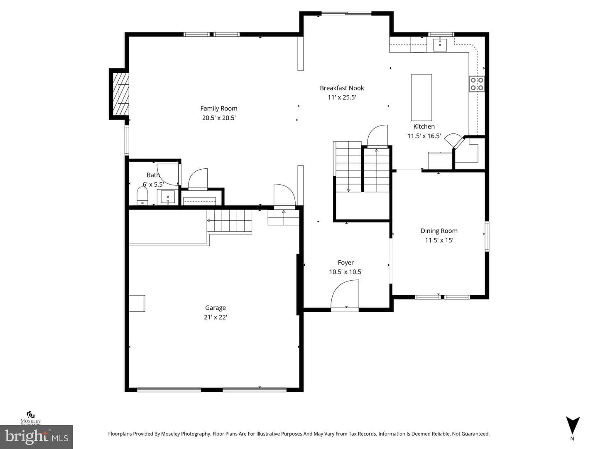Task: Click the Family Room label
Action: [x=219, y=109]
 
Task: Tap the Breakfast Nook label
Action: [x=342, y=88]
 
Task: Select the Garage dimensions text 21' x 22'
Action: [x=215, y=317]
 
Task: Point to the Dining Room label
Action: [x=439, y=231]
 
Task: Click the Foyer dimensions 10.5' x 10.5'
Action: [x=346, y=272]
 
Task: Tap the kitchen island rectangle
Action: [x=421, y=97]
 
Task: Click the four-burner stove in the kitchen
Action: [x=477, y=84]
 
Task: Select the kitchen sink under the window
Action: [x=440, y=45]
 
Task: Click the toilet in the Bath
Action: [x=142, y=196]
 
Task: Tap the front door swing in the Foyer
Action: [x=345, y=296]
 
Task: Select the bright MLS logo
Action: [x=37, y=437]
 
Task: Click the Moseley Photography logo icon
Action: [x=30, y=415]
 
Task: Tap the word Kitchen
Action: [x=424, y=126]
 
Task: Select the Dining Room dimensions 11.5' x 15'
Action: [x=439, y=240]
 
